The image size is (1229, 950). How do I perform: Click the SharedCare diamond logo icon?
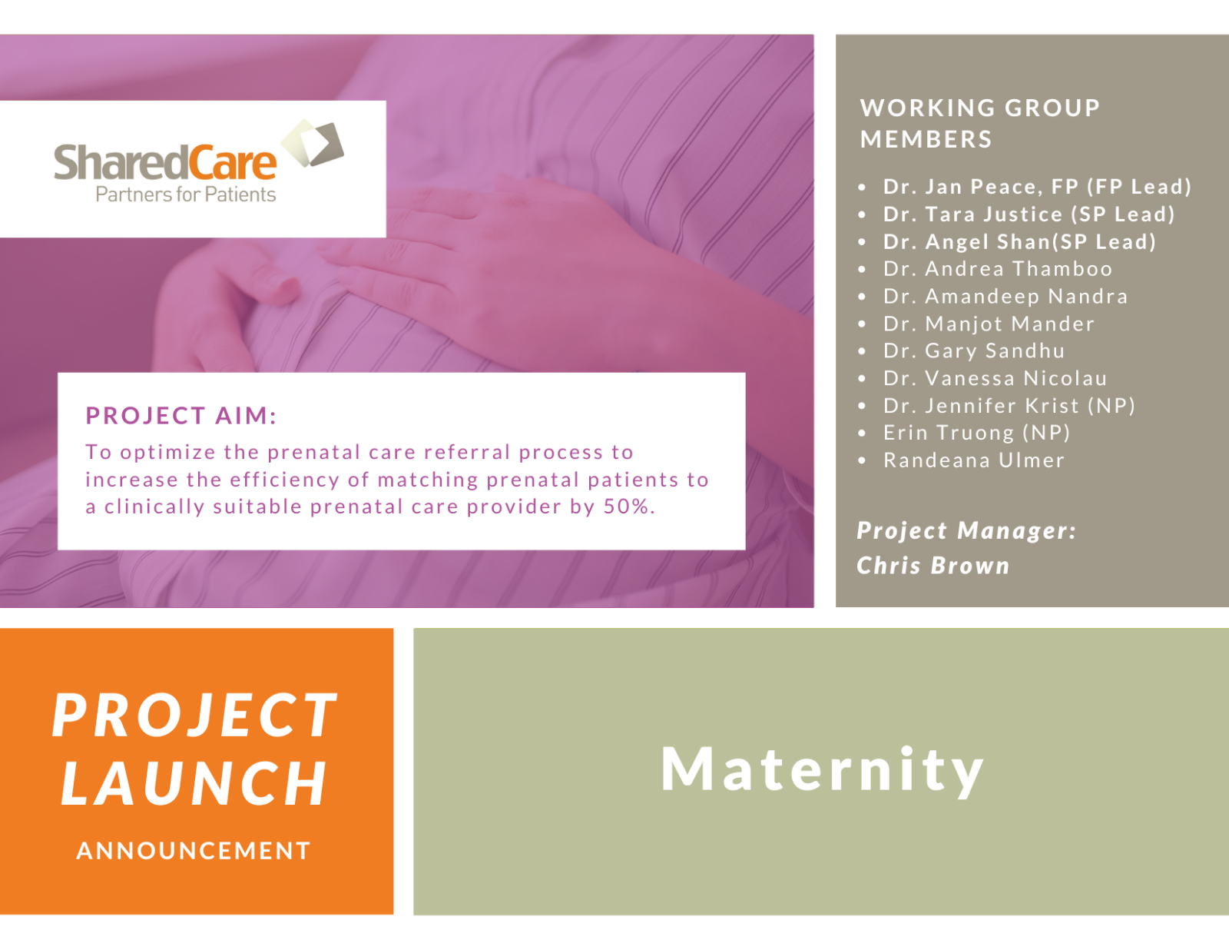(313, 144)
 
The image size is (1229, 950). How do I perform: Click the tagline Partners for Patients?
(185, 194)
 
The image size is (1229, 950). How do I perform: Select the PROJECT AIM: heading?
(181, 416)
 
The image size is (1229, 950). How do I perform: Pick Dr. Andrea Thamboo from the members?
(997, 269)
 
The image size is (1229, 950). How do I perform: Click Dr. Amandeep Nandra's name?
(1005, 297)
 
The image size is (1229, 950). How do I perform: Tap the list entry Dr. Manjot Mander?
(989, 324)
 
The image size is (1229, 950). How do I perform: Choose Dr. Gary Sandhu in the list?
(973, 351)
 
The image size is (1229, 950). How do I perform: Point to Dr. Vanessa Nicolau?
(995, 378)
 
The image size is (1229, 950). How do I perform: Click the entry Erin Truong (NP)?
(976, 433)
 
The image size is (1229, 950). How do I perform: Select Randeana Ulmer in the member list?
(973, 460)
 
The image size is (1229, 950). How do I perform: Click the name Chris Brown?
(933, 566)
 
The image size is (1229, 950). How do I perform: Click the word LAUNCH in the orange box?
(195, 784)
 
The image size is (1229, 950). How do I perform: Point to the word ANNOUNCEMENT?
(194, 851)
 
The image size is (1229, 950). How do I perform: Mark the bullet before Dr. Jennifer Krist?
(862, 406)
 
